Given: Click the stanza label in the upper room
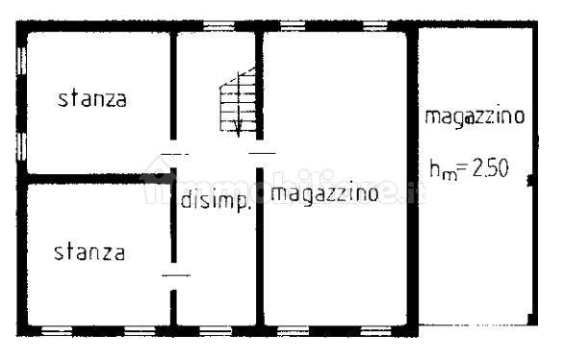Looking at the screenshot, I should coord(91,98).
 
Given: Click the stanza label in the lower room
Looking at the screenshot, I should coord(90,252).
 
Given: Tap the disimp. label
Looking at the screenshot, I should coord(216,201).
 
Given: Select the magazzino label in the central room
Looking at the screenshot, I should coord(323,193).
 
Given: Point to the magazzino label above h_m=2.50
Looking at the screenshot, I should coord(474,117).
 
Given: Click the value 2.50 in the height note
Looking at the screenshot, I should coord(489,170).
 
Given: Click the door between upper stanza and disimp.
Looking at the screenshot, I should coord(174,154).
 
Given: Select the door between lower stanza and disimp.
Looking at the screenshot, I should coord(175,276).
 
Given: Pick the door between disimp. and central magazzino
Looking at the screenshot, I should coord(262,152).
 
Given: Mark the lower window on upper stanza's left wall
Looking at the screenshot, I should coord(21,144).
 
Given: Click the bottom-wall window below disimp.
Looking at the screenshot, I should coord(216,330).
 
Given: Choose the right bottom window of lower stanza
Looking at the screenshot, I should coord(141,330).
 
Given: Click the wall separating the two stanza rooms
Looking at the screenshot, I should coord(96,179).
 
